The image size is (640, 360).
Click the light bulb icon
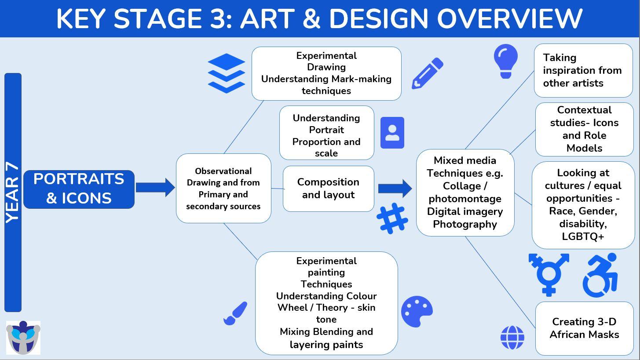(506, 61)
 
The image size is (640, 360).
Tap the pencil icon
(428, 73)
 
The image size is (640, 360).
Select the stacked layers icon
(226, 73)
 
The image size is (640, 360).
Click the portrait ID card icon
(392, 133)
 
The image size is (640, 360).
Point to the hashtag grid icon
(392, 218)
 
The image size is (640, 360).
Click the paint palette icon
(417, 311)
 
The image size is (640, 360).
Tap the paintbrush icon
(235, 313)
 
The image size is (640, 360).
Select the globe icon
(512, 338)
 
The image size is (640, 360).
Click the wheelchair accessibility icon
(600, 275)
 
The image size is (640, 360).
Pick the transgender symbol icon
(549, 275)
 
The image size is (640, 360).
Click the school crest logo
(23, 338)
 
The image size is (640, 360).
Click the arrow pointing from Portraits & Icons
(155, 188)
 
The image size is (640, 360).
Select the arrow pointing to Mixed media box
(395, 189)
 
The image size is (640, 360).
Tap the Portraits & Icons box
(79, 189)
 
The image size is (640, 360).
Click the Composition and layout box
(328, 189)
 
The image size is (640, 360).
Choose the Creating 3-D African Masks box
(584, 328)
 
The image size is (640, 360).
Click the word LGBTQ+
(583, 236)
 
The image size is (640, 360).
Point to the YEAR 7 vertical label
(13, 193)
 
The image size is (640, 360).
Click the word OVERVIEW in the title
(510, 19)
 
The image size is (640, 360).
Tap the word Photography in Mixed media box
(465, 224)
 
